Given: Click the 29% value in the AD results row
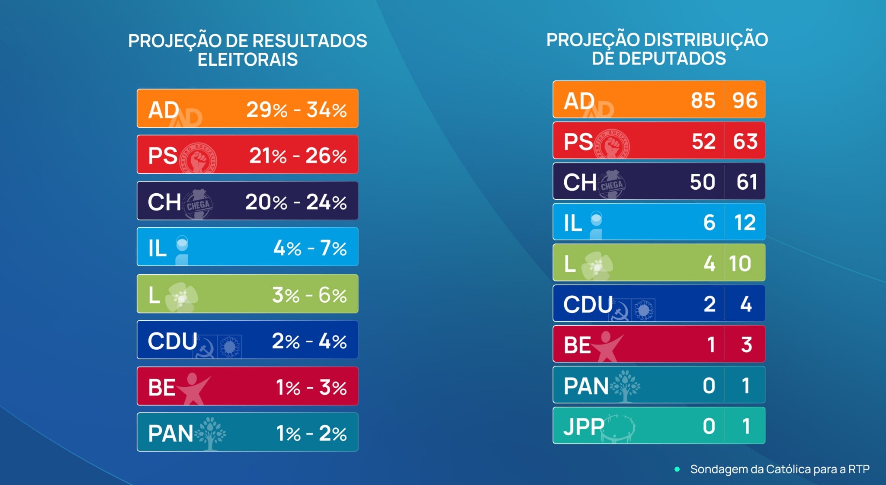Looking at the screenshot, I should coord(266,110).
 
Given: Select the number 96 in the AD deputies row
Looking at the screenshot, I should coord(745,100).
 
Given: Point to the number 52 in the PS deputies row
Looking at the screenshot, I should coord(703,141).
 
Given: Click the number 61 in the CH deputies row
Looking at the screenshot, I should coord(746,182).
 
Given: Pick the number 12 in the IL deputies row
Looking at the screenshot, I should coord(745,223).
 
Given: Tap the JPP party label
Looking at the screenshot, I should coord(584,427).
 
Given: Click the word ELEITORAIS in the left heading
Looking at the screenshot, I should coord(247,60).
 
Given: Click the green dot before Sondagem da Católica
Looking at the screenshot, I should coord(677,469).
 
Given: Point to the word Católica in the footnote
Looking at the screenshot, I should coord(788,469).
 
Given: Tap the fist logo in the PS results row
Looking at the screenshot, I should coord(199,158).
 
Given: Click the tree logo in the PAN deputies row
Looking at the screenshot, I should coord(625,385).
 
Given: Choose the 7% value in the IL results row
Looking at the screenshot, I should coord(333,248).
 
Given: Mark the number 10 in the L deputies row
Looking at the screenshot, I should coord(740,263).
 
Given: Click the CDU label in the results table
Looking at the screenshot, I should coord(172,341).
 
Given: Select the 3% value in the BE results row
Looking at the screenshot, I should coord(333,388).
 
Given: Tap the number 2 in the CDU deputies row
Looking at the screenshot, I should coord(709,304).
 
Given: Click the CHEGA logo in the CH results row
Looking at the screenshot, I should coord(198,204).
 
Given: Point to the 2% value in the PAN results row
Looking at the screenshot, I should coord(333,434).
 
